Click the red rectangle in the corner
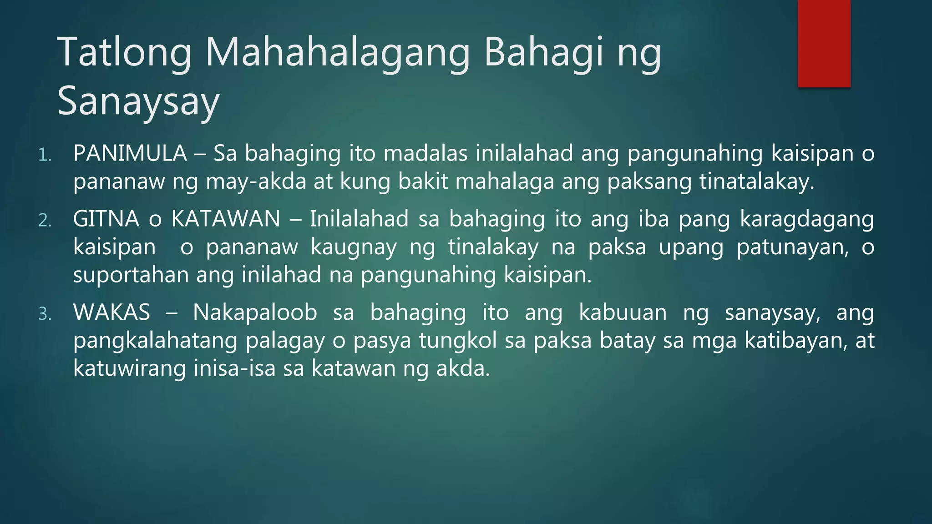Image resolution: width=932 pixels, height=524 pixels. coord(824,43)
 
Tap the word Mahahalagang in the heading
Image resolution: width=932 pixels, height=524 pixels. coord(337,53)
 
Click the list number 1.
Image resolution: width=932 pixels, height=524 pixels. coord(45,155)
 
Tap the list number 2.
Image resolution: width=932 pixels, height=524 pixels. coord(45,221)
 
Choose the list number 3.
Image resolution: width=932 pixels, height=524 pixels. coord(45,314)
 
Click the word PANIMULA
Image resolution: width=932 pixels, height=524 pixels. coord(130,153)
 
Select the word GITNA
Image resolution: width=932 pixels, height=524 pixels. coord(106,219)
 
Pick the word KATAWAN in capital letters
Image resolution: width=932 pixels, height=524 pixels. coord(226,219)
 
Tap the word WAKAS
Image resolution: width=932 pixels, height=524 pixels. coord(111,312)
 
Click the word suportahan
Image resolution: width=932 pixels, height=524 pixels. coord(131,275)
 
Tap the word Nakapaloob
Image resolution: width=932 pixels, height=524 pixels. coord(255,312)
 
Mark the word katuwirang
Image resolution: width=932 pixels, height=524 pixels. coord(129,368)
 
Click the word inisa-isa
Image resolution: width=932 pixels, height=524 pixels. coord(234,368)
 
